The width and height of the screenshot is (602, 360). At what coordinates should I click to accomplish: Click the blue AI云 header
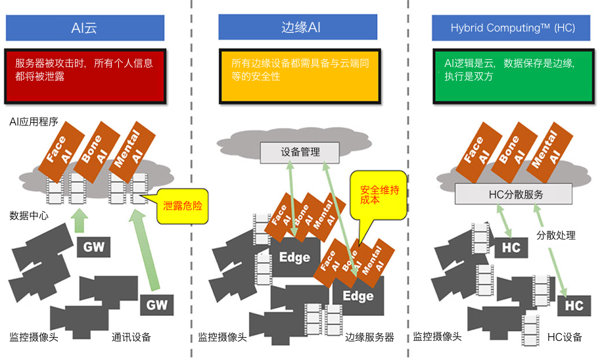click(x=85, y=28)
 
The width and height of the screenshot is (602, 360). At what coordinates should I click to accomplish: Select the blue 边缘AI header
click(x=298, y=27)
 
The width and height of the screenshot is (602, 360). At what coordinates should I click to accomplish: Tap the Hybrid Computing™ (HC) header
click(x=511, y=28)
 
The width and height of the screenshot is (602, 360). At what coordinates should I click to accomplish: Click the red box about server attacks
click(x=85, y=76)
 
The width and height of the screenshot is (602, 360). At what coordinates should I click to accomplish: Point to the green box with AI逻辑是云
click(x=514, y=76)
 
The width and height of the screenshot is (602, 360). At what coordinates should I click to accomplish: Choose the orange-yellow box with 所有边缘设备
click(x=300, y=76)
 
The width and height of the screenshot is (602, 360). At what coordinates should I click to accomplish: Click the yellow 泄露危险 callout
click(x=182, y=206)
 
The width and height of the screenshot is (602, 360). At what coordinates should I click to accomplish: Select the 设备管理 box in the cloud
click(x=300, y=152)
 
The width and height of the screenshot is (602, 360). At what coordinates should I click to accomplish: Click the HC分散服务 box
click(x=513, y=194)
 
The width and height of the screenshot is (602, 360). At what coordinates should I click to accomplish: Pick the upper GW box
click(x=94, y=247)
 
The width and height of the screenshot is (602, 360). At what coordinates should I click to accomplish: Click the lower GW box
click(x=156, y=305)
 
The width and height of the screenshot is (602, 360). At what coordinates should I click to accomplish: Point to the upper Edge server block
click(x=294, y=257)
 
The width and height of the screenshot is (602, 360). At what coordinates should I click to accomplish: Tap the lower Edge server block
click(x=358, y=296)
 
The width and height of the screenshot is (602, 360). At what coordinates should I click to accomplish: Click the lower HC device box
click(x=574, y=305)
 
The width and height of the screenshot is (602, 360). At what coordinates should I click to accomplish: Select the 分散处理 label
click(x=555, y=235)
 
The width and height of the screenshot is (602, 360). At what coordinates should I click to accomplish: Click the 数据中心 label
click(x=29, y=215)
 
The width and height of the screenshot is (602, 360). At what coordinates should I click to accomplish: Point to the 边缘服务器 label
click(x=369, y=338)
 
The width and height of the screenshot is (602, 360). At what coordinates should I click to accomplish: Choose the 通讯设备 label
click(x=131, y=338)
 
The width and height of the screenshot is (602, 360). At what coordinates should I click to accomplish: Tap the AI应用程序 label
click(x=34, y=122)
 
